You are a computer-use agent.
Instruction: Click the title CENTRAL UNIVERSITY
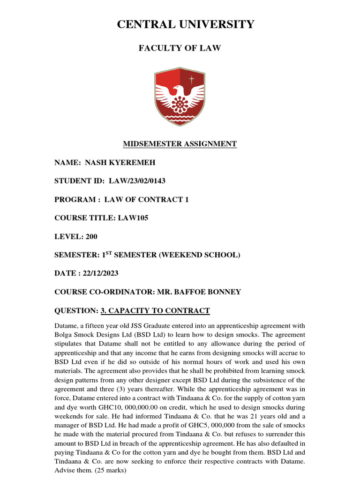pyautogui.click(x=180, y=24)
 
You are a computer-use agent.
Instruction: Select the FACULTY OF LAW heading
pyautogui.click(x=180, y=48)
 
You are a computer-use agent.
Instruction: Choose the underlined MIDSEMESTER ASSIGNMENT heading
pyautogui.click(x=180, y=144)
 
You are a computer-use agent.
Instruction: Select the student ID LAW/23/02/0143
pyautogui.click(x=137, y=181)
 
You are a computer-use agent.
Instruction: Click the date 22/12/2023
pyautogui.click(x=102, y=273)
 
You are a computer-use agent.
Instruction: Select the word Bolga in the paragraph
pyautogui.click(x=64, y=335)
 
